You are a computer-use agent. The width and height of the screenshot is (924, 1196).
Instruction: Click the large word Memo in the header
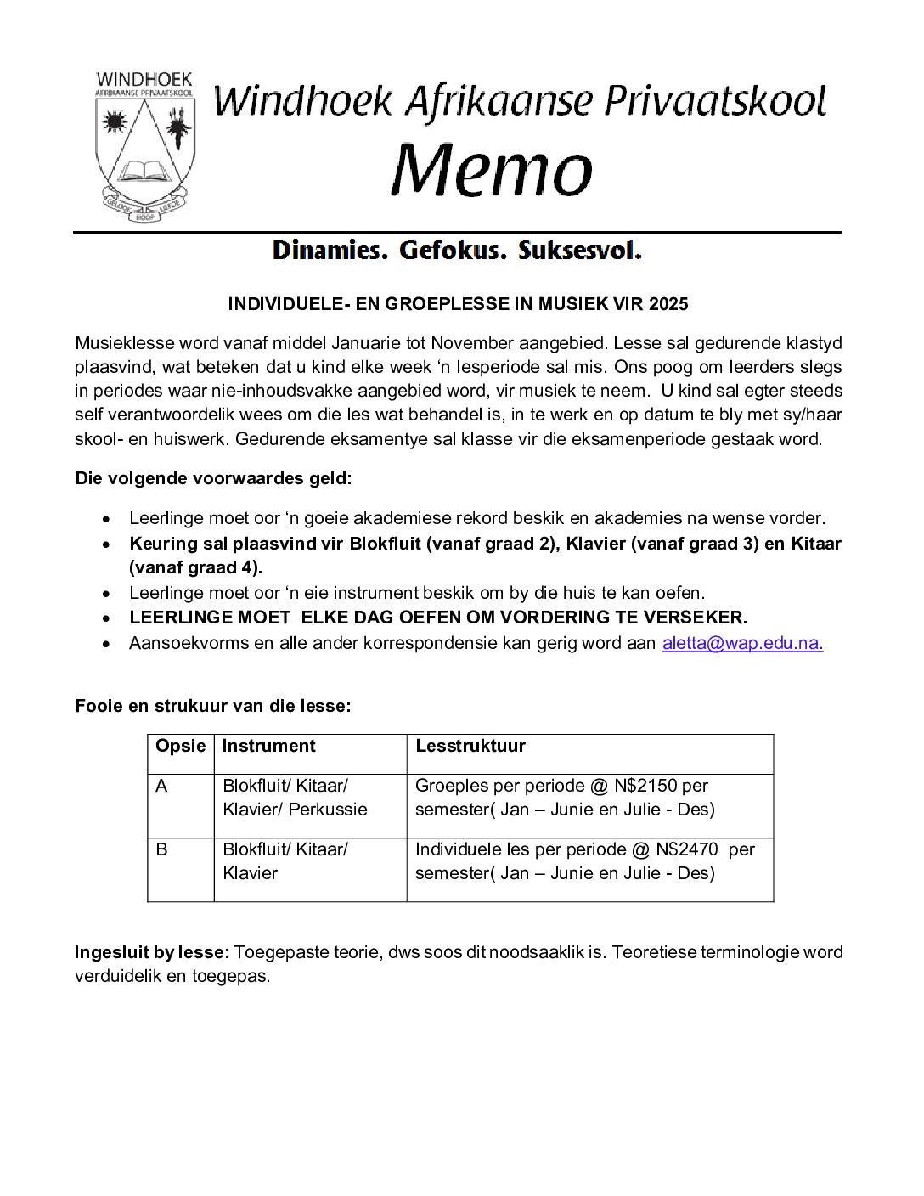click(x=491, y=168)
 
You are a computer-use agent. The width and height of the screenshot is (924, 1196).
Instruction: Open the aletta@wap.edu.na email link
click(x=742, y=642)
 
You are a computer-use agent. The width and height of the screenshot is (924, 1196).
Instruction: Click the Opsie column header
click(x=180, y=746)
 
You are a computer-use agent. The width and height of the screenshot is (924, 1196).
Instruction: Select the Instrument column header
click(x=268, y=746)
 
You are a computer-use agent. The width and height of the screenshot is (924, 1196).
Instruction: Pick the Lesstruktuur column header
click(x=470, y=746)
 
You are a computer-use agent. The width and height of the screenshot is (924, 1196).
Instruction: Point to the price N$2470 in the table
click(x=686, y=849)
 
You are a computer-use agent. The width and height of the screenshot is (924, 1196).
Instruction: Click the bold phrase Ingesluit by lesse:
click(x=152, y=952)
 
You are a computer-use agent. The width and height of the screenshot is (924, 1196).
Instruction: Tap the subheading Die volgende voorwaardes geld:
click(x=213, y=478)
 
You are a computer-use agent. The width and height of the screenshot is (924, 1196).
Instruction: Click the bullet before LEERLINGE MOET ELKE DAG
click(x=106, y=618)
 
